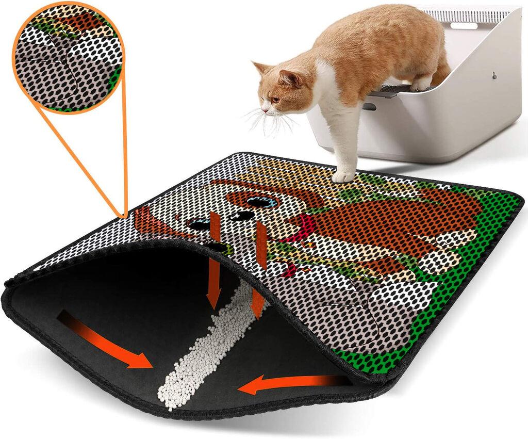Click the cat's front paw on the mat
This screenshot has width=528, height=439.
pyautogui.click(x=343, y=176)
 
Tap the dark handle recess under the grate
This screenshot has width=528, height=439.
pyautogui.click(x=369, y=106)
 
